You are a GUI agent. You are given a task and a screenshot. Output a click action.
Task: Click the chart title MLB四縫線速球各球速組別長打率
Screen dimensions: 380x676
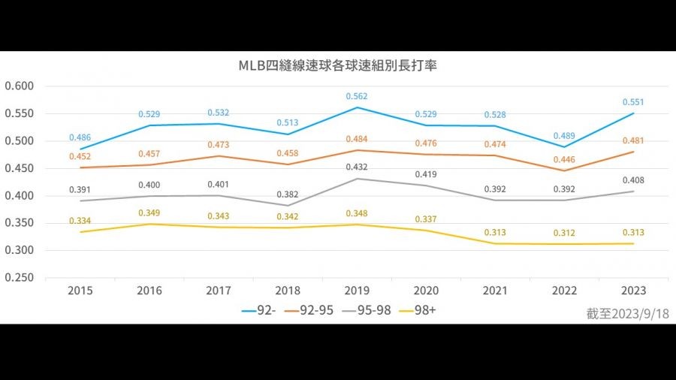point(338,65)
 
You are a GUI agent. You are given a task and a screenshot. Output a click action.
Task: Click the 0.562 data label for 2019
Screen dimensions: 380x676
point(357,96)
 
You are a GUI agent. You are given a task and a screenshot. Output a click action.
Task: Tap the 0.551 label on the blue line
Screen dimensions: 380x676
point(633,102)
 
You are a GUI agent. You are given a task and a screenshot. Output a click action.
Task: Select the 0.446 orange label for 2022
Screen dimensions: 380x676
point(564,159)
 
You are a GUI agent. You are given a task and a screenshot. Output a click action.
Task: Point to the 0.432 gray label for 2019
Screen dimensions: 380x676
point(357,167)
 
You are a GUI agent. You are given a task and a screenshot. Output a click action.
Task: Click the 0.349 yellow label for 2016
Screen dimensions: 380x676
point(149,213)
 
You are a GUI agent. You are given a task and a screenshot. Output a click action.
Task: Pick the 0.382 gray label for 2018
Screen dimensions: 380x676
point(288,194)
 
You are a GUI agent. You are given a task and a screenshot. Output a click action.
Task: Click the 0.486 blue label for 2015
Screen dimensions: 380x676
point(80,137)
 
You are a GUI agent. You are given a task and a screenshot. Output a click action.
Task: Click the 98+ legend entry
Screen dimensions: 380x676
point(422,309)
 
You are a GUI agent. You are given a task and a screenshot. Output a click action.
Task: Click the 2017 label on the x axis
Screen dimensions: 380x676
point(219,291)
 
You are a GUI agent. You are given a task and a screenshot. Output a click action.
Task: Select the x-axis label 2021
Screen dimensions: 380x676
point(495,291)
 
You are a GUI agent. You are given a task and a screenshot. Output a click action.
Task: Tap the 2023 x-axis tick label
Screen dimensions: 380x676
point(633,291)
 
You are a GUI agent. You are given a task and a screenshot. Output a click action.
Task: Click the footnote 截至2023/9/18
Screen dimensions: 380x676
point(627,314)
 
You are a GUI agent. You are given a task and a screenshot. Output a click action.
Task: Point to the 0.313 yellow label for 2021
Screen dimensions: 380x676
point(495,232)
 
